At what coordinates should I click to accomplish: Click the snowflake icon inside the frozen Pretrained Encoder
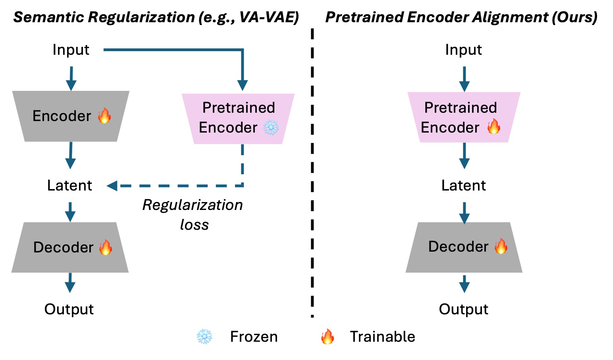[x=271, y=127]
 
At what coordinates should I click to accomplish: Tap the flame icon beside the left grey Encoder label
[x=104, y=116]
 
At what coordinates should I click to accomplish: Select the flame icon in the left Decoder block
[x=106, y=247]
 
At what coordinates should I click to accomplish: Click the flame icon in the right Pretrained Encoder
[x=493, y=126]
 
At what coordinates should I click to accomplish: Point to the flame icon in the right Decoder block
[x=501, y=246]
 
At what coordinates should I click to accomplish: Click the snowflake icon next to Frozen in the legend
[x=204, y=337]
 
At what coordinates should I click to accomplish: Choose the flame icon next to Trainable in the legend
[x=328, y=337]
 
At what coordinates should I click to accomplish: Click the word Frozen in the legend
[x=254, y=337]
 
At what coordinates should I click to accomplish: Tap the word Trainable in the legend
[x=383, y=337]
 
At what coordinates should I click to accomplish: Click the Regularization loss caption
[x=193, y=215]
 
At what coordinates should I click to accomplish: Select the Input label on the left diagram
[x=71, y=50]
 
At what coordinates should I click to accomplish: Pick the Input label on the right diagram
[x=464, y=50]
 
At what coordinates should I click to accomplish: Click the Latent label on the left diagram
[x=69, y=185]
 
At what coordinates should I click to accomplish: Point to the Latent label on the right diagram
[x=464, y=185]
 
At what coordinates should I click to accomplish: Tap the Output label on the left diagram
[x=69, y=309]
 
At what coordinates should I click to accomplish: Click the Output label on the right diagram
[x=464, y=309]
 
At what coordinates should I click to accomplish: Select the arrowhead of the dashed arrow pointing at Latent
[x=112, y=186]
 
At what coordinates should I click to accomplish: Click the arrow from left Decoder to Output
[x=70, y=283]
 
